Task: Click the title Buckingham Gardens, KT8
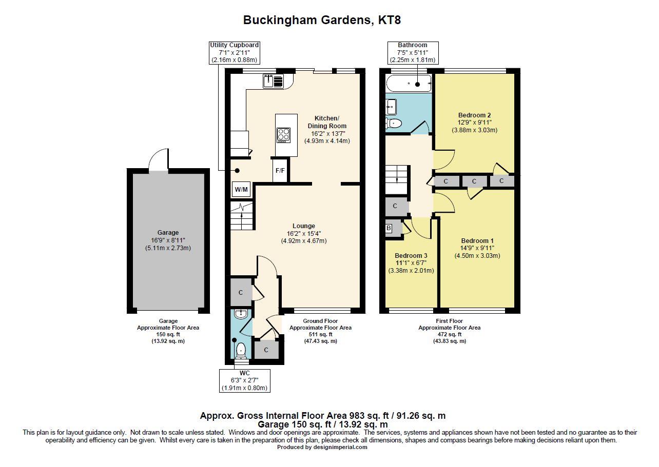(322, 21)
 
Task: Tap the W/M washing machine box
(241, 190)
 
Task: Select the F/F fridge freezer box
(280, 171)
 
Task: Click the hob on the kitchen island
(283, 134)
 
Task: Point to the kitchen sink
(274, 81)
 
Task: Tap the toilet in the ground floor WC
(241, 351)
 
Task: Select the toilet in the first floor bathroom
(394, 123)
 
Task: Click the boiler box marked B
(389, 228)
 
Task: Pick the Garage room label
(168, 233)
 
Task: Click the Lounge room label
(304, 226)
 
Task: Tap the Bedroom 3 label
(411, 256)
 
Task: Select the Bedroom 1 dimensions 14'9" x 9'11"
(477, 249)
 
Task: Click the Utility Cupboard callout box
(235, 53)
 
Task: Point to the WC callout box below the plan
(244, 380)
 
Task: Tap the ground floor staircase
(242, 215)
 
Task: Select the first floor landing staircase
(397, 179)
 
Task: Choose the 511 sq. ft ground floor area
(320, 334)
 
